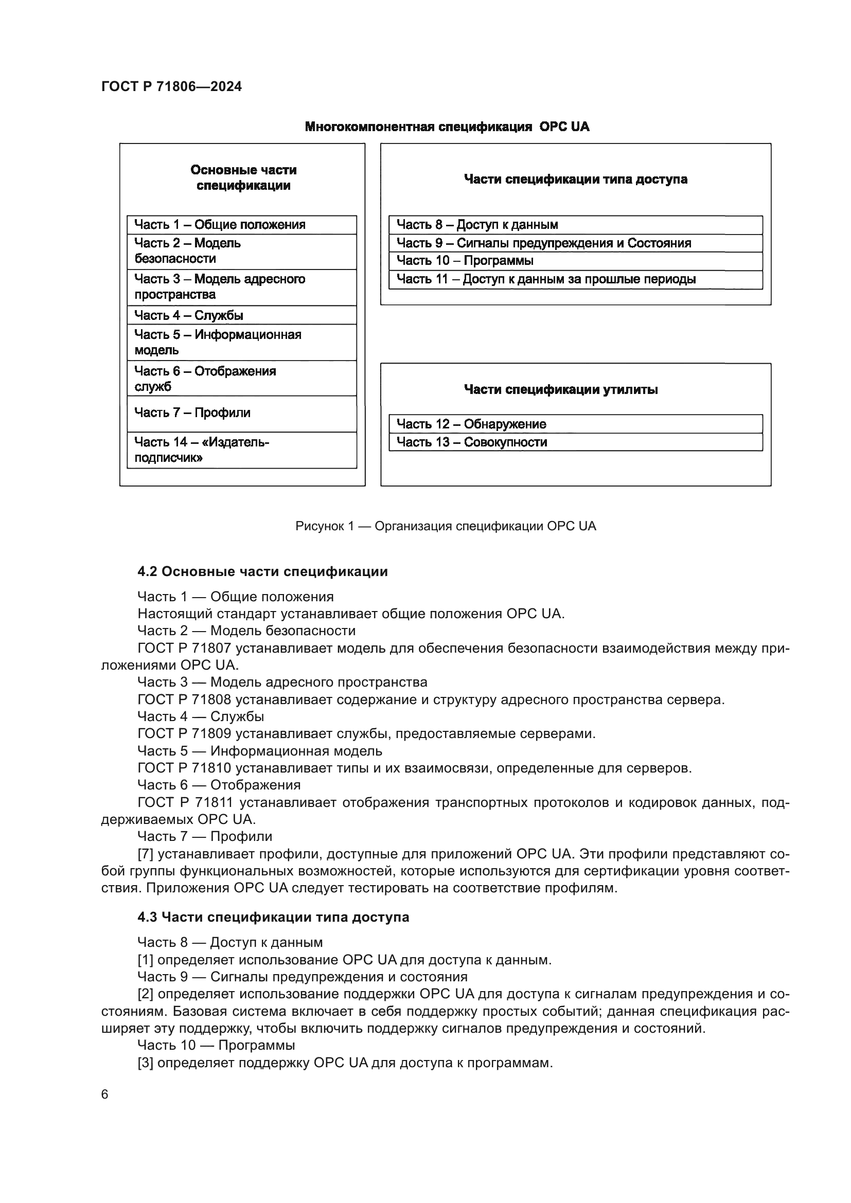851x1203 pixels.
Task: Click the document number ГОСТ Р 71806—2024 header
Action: [171, 87]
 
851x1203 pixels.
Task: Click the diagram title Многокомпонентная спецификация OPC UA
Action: [447, 127]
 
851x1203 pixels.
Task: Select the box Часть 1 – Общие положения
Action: [242, 225]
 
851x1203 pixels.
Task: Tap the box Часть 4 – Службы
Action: [242, 315]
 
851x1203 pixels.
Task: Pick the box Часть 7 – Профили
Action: [242, 414]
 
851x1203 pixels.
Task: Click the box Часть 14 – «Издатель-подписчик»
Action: [242, 450]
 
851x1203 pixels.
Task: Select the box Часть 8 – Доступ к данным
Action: [575, 225]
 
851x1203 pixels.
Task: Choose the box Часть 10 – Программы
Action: [575, 261]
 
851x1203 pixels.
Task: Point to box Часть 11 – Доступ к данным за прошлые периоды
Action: [575, 279]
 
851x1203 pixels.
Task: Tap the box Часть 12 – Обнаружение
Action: [575, 424]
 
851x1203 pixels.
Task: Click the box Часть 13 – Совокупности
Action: [575, 442]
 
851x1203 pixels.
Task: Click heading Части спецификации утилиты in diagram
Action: [561, 389]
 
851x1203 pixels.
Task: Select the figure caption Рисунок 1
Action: [446, 526]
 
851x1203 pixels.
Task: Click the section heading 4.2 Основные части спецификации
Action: [262, 571]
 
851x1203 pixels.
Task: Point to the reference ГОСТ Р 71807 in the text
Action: [184, 649]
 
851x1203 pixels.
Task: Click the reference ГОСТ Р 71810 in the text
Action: [184, 768]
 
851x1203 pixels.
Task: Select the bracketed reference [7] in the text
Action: [145, 854]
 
